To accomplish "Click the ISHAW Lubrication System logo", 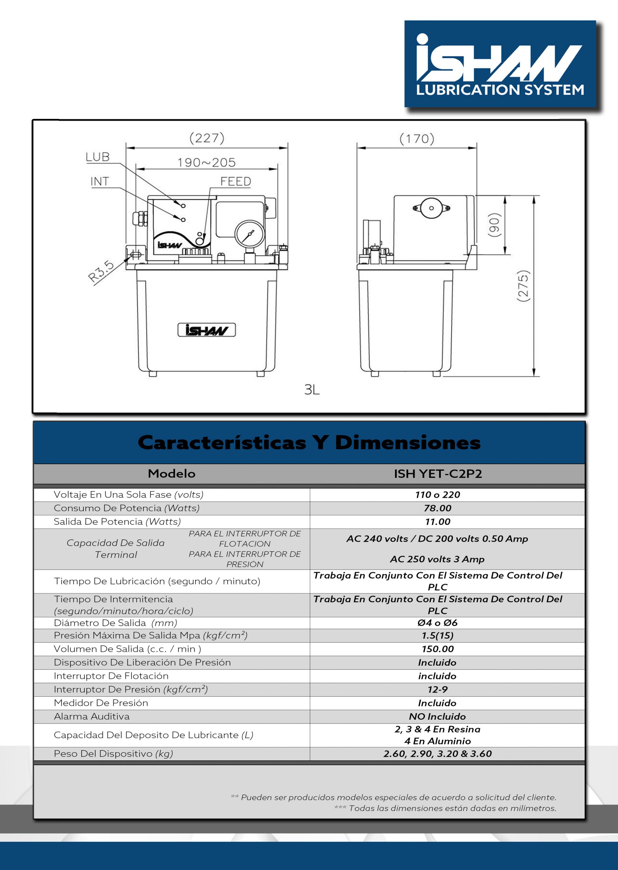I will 500,64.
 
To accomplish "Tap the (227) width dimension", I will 207,138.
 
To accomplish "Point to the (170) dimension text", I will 417,139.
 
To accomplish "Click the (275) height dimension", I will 523,286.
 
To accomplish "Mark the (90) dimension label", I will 494,225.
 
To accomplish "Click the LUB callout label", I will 97,157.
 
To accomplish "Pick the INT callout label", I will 100,182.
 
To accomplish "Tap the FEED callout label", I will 236,182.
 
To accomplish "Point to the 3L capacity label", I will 312,390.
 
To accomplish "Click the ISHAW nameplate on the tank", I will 207,330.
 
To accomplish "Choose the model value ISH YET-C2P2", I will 438,474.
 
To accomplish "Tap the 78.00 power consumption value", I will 438,508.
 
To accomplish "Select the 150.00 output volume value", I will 438,649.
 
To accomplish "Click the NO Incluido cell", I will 437,717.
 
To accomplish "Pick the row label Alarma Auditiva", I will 92,717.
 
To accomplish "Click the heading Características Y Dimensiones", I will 309,442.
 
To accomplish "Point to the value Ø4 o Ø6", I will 437,623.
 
